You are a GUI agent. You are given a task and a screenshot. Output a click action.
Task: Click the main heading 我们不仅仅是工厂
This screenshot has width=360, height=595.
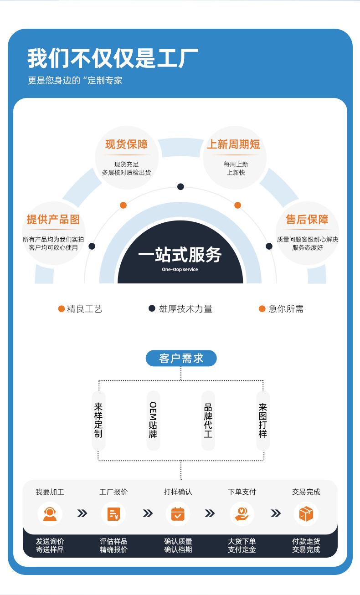point(113,59)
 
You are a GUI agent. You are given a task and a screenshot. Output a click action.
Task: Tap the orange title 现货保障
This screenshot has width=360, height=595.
point(126,145)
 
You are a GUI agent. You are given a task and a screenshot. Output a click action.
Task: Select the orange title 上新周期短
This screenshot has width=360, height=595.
point(233,145)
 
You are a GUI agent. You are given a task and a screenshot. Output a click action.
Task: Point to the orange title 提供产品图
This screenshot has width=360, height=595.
point(53,220)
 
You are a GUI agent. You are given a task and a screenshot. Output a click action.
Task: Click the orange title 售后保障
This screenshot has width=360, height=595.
point(307,220)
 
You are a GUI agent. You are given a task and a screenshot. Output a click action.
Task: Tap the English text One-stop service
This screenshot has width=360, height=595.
point(180,269)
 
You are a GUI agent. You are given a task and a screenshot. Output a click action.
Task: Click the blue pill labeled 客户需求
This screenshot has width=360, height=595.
point(181,359)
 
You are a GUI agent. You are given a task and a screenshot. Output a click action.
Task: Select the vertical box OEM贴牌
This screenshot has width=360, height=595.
point(153,420)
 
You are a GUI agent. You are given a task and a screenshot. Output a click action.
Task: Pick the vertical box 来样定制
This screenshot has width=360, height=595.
point(98,420)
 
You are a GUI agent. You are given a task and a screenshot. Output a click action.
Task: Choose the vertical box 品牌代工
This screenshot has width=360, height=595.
point(208,420)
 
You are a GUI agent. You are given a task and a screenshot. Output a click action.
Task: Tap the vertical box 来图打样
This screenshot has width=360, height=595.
point(262,420)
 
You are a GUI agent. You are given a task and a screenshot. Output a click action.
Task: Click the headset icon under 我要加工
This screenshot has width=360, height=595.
point(50,514)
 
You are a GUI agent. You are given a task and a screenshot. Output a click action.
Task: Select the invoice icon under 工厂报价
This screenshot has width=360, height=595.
point(113,514)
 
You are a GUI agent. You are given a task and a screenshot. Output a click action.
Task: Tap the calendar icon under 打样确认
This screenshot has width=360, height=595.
point(178,514)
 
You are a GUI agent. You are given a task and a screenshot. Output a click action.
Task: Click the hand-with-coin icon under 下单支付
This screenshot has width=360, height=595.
point(242,514)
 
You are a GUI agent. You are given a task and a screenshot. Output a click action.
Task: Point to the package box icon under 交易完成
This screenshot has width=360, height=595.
point(306,514)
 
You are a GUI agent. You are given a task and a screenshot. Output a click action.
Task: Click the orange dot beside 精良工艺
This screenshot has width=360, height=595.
point(62,309)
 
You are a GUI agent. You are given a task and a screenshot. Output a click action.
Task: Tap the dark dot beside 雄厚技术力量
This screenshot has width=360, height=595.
point(152,308)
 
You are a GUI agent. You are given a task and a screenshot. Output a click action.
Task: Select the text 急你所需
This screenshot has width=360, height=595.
point(286,309)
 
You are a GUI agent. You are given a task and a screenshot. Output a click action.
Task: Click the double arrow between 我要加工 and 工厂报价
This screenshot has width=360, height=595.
point(82,514)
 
